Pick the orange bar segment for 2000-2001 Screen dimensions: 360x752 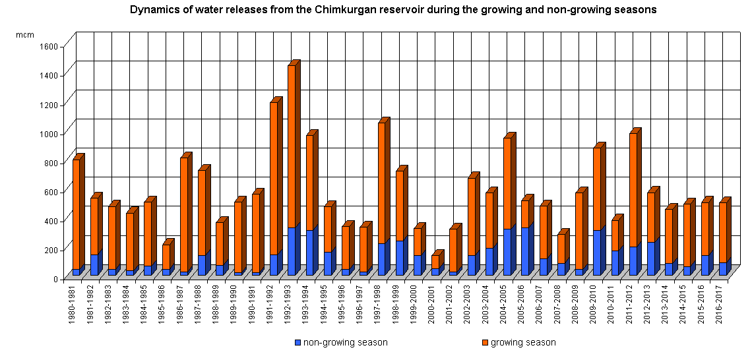435,262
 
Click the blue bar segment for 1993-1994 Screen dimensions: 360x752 309,253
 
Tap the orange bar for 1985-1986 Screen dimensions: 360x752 166,256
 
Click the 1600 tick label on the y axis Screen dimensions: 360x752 50,46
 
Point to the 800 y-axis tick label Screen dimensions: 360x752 53,162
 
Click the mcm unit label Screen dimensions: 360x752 24,34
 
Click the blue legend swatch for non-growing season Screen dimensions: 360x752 298,343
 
